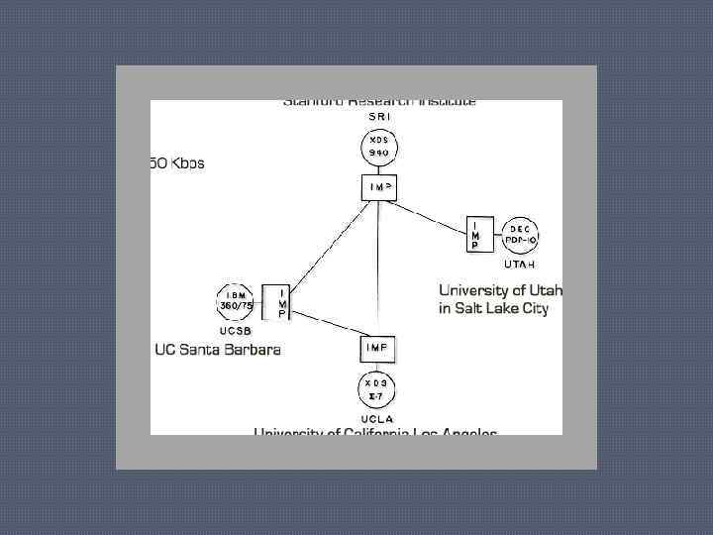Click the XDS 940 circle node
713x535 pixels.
[379, 149]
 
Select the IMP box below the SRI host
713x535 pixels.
[379, 186]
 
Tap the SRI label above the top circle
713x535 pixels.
[379, 117]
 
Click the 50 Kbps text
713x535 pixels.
[177, 162]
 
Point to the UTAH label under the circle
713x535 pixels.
[521, 265]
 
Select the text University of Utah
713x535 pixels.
[500, 290]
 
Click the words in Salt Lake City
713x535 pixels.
[493, 308]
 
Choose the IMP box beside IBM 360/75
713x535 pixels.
[274, 302]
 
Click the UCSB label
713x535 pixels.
[235, 330]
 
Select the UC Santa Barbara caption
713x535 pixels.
[218, 349]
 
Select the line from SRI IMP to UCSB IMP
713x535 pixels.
[326, 244]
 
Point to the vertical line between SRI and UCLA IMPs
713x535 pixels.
[379, 267]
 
